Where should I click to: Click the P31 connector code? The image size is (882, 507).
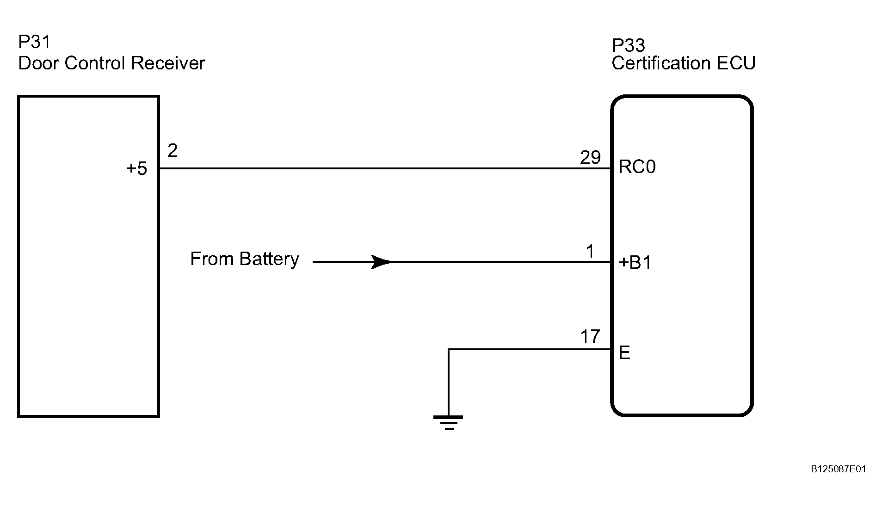click(x=34, y=42)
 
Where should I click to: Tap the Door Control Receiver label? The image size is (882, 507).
click(x=111, y=63)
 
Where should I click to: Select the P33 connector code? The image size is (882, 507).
click(x=629, y=45)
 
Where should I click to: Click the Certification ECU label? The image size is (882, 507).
click(x=684, y=63)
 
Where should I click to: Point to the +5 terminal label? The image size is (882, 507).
click(x=136, y=169)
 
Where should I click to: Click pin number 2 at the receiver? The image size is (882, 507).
click(x=173, y=151)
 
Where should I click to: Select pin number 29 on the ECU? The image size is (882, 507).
click(x=590, y=158)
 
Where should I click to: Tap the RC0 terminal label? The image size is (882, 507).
click(x=637, y=167)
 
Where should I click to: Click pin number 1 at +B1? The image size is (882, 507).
click(x=590, y=252)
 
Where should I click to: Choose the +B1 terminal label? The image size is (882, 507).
click(x=635, y=263)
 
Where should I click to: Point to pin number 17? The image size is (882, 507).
click(x=590, y=337)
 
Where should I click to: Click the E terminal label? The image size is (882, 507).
click(x=624, y=353)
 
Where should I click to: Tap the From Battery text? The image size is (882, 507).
click(x=245, y=259)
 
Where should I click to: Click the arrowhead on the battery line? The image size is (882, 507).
click(x=382, y=262)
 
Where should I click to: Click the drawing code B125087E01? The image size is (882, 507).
click(x=838, y=470)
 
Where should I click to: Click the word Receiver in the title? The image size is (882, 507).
click(x=168, y=63)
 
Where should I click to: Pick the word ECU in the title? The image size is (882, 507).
click(x=736, y=63)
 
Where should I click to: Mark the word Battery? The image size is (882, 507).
click(x=269, y=259)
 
